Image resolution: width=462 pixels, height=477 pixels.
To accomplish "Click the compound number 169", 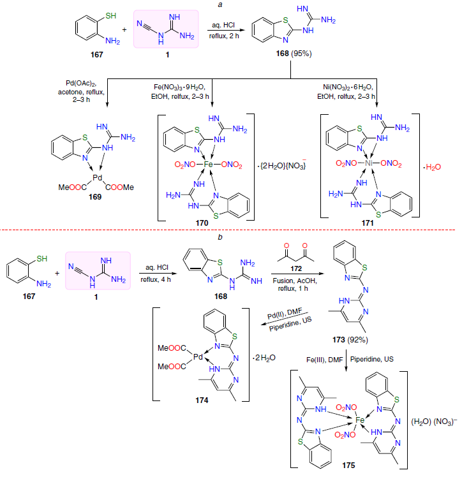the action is (95, 197).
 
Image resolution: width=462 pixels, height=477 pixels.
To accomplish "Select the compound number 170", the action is (202, 223).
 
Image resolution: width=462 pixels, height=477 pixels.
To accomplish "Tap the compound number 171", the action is (368, 223).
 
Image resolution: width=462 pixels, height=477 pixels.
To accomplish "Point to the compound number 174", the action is (202, 400).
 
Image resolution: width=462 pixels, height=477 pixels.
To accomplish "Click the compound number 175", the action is (348, 466).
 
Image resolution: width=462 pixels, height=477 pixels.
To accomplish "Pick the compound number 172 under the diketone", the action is (296, 268).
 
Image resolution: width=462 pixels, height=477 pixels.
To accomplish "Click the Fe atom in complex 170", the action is (208, 165).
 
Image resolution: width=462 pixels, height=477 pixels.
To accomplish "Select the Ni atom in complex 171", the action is (369, 163).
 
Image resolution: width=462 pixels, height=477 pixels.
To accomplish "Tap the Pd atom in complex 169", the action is (98, 178).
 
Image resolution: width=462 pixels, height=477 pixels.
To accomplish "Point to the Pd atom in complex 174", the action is (198, 356).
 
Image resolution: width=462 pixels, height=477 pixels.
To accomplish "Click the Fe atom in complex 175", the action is (360, 420).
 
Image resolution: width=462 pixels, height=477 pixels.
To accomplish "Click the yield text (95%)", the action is (301, 54).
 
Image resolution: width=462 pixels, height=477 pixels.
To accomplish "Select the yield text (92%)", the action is (357, 339).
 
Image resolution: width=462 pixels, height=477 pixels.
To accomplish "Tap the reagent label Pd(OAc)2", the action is (81, 84).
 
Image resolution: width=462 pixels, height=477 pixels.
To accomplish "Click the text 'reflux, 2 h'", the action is (224, 36).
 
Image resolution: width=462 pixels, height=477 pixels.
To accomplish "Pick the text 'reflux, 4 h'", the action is (156, 279).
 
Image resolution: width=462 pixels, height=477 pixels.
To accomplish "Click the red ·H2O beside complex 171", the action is (432, 167).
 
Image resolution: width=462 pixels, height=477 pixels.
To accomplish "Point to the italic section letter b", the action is (220, 237).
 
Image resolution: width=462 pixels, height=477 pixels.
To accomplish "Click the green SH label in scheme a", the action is (111, 16).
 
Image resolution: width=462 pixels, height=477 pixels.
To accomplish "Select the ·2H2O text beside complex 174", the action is (264, 358).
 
